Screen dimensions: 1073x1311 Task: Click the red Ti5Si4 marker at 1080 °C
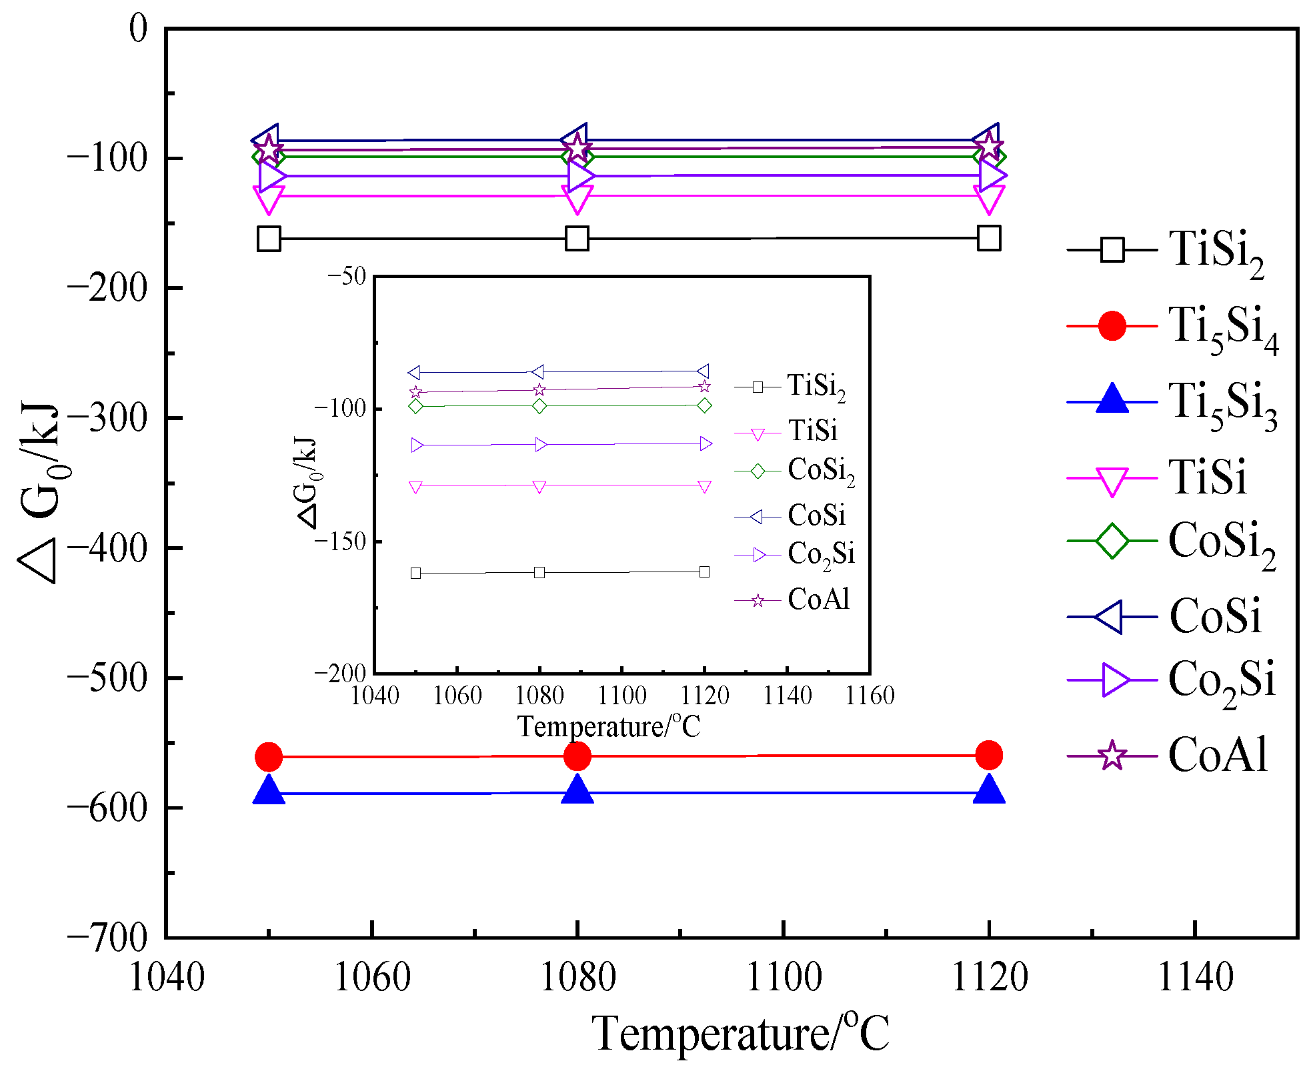(577, 756)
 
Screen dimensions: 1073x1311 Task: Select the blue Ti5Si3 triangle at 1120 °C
(989, 790)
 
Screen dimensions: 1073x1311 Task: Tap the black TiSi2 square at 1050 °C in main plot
(269, 238)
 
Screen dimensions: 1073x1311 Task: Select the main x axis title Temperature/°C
(740, 1033)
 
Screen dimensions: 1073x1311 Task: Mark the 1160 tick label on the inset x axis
(870, 696)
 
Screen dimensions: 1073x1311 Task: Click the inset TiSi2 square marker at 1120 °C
(704, 572)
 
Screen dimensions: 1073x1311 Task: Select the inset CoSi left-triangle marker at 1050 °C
(415, 372)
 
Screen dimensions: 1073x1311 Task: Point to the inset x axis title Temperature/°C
(609, 726)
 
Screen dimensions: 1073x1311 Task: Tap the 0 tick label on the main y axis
(138, 29)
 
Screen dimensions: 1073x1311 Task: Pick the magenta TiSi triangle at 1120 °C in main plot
(989, 198)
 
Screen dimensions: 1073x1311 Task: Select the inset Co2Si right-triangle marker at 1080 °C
(541, 445)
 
